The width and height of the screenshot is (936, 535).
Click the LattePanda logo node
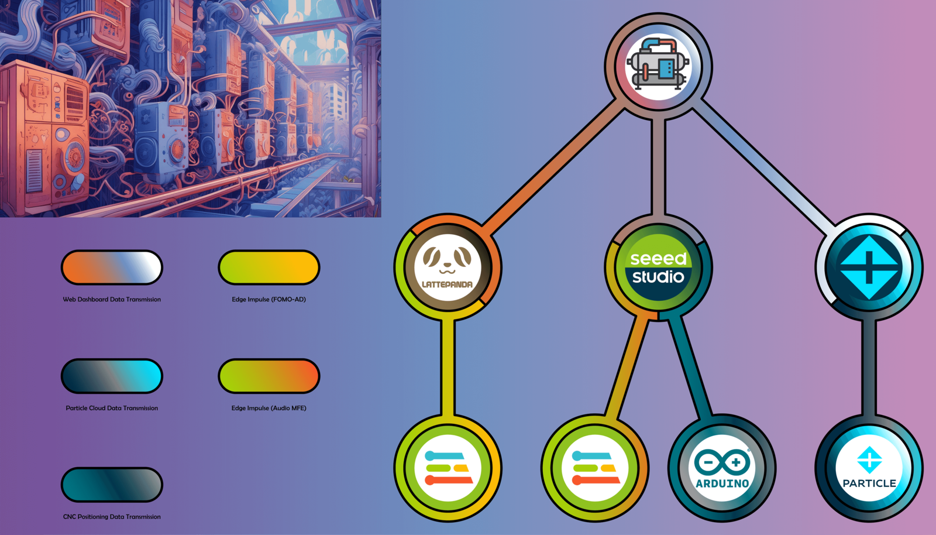click(x=448, y=267)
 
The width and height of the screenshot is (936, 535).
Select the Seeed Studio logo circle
click(x=658, y=267)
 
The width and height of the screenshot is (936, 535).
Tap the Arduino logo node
click(x=722, y=468)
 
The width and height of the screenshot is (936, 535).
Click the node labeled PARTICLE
click(x=869, y=468)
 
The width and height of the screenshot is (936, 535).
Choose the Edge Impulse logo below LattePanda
click(x=448, y=468)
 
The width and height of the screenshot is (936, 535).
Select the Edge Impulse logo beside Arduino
click(x=595, y=468)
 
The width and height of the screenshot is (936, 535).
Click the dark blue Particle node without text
click(x=869, y=267)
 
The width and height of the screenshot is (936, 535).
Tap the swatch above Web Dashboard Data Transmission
click(x=112, y=267)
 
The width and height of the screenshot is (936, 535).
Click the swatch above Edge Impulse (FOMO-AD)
click(x=269, y=267)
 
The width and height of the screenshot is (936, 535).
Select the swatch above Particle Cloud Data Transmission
click(x=112, y=376)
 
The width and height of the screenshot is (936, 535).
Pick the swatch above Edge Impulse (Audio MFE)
click(x=269, y=376)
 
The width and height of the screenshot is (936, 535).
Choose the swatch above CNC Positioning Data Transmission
click(x=112, y=485)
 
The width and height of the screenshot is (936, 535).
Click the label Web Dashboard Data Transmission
click(x=112, y=299)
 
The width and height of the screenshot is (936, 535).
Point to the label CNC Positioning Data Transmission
click(x=112, y=517)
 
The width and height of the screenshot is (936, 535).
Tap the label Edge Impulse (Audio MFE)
click(x=269, y=408)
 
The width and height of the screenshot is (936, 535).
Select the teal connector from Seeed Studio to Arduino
click(x=690, y=366)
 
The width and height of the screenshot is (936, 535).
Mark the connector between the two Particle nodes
click(x=869, y=368)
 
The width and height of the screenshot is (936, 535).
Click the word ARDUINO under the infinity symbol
click(x=722, y=483)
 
